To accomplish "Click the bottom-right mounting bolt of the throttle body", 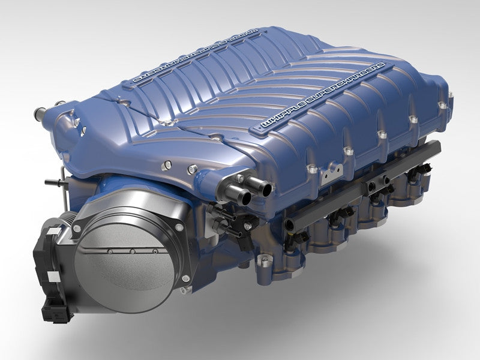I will click(x=185, y=279).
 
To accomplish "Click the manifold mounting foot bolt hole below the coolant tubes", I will click(x=262, y=263).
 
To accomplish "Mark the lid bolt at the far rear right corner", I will click(x=442, y=106).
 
